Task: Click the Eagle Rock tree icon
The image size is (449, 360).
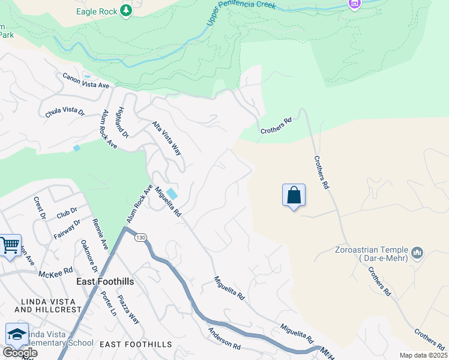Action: tap(125, 11)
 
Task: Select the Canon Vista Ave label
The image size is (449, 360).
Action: tap(86, 81)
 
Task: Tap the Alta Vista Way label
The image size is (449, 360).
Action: tap(166, 138)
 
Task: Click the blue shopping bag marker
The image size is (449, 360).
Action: tap(294, 196)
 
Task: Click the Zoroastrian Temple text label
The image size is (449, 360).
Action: tap(372, 254)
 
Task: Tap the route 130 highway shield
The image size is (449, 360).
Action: tap(140, 238)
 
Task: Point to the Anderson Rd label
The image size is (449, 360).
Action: tap(224, 338)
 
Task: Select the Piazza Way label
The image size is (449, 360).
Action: tap(128, 310)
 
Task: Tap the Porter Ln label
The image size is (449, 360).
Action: tap(109, 303)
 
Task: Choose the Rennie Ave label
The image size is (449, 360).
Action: tap(100, 233)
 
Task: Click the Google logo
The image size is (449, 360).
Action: tap(19, 353)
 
